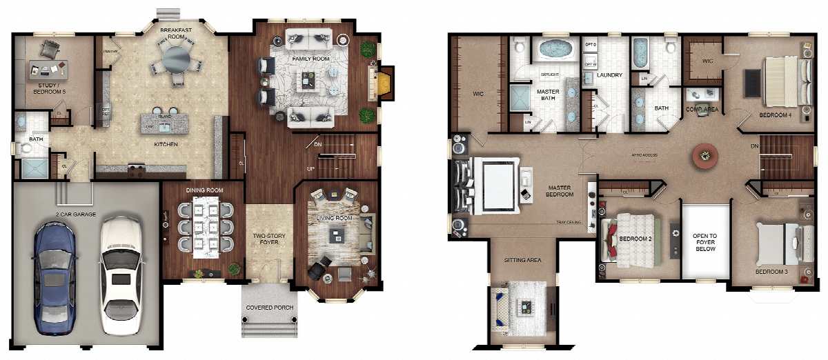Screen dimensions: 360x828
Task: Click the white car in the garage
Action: point(121,276)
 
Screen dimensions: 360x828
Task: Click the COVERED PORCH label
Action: point(270,308)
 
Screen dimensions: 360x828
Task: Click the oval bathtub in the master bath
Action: point(555,50)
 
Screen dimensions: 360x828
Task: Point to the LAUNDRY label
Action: point(609,75)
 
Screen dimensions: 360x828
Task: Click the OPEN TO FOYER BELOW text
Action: point(704,242)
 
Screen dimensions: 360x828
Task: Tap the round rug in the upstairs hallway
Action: point(704,154)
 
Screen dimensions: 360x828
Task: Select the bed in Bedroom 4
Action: point(785,81)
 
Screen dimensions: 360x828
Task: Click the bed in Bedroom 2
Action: point(633,239)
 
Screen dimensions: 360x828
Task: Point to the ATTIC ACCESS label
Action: point(647,155)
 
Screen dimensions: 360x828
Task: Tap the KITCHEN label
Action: point(166,144)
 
